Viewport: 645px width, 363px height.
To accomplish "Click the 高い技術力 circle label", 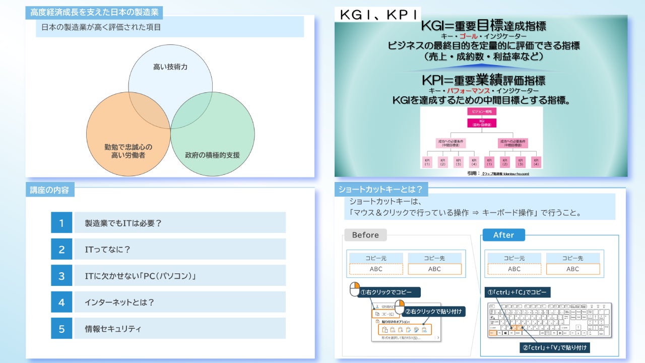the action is (170, 67).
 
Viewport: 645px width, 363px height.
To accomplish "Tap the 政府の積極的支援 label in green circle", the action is (212, 155).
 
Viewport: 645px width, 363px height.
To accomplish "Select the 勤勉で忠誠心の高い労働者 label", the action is (128, 151).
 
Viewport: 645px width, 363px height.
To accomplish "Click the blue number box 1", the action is (61, 222).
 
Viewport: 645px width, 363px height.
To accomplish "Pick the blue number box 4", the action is (61, 302).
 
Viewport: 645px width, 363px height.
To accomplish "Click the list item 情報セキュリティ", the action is (113, 329).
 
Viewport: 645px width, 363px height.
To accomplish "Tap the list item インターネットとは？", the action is (119, 302).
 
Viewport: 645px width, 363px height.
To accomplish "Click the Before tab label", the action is (365, 235).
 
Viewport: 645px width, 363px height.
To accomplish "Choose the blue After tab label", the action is (503, 235).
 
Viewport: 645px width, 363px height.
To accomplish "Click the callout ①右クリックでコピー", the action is (389, 292).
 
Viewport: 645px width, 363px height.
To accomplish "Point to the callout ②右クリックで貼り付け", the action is (433, 312).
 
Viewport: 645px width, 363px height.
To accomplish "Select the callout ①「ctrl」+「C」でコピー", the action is (518, 292).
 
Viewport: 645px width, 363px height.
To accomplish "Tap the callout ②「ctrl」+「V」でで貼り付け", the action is (555, 347).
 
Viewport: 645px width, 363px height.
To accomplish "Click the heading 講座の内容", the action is (49, 190).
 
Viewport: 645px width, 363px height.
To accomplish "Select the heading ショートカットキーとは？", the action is (381, 190).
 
